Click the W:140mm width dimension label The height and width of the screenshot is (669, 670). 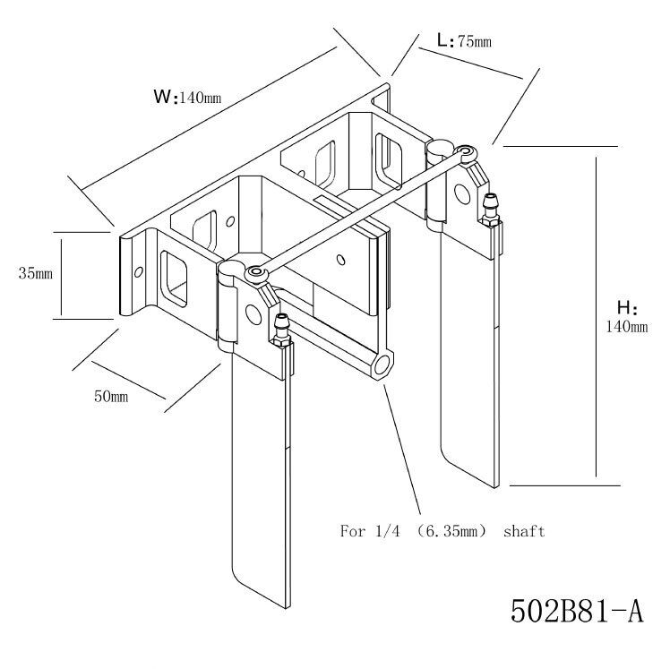[x=187, y=97]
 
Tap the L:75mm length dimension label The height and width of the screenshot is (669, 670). [x=463, y=40]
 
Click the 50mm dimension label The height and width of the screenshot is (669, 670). [x=111, y=396]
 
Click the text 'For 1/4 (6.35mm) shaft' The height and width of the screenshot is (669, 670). [x=442, y=531]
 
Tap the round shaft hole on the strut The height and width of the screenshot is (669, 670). [x=383, y=365]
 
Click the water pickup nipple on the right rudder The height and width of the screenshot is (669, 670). [x=490, y=208]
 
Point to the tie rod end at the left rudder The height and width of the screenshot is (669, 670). [x=255, y=270]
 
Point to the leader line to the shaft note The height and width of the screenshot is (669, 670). [x=404, y=448]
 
